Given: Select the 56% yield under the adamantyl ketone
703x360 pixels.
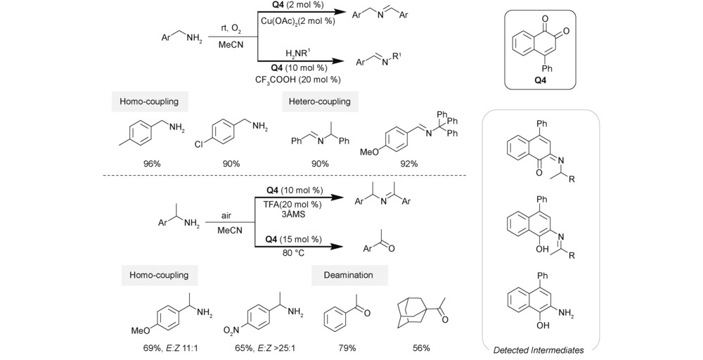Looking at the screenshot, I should coord(421,348).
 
